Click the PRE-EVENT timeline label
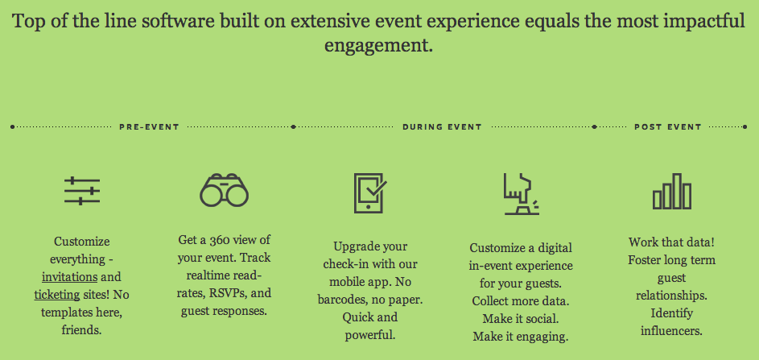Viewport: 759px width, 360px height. pos(149,127)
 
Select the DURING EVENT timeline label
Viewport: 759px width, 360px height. pos(442,127)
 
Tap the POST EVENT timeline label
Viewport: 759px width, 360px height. pos(668,127)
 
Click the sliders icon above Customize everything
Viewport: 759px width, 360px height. pos(82,191)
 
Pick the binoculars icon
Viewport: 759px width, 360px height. pos(224,190)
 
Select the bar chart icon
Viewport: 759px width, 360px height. pos(672,192)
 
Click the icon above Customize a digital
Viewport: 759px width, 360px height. pos(522,194)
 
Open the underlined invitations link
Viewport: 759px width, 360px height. pos(70,277)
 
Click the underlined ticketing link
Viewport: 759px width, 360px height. pos(56,295)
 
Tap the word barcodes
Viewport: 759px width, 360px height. pos(343,300)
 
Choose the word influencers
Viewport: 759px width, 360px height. pos(671,331)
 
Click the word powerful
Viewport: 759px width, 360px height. pos(370,335)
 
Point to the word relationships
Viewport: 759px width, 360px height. pos(671,295)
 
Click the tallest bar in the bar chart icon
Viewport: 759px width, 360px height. pos(677,192)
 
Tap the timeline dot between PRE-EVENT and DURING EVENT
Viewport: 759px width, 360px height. pos(293,127)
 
